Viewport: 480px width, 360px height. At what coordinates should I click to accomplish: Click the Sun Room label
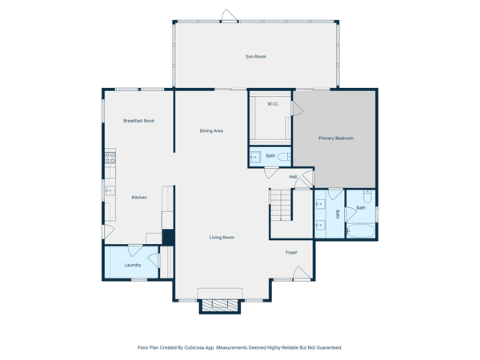click(x=255, y=57)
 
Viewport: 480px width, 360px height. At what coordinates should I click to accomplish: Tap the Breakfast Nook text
click(x=138, y=121)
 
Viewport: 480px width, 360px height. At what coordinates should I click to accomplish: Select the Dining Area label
click(x=211, y=130)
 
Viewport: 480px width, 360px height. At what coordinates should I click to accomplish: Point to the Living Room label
click(x=222, y=238)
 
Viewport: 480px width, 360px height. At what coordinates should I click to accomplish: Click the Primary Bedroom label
click(x=335, y=138)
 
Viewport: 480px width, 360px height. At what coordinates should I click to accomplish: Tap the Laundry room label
click(x=133, y=265)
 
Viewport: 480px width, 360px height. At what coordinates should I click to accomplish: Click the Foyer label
click(x=292, y=253)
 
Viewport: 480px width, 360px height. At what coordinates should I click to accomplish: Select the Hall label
click(x=293, y=177)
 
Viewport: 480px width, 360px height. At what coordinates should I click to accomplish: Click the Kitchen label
click(x=139, y=198)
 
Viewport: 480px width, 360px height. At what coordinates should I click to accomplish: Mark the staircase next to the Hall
click(x=281, y=206)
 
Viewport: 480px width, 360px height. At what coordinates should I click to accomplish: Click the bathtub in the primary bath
click(x=362, y=233)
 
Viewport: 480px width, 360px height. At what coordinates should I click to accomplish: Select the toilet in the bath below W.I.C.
click(x=255, y=158)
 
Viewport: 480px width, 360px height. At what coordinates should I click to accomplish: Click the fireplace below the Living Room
click(x=218, y=305)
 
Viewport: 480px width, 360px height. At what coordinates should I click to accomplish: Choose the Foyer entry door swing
click(x=301, y=273)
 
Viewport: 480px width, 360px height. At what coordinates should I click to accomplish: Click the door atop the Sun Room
click(x=227, y=15)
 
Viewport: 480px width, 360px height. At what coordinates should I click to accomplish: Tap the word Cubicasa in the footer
click(x=195, y=348)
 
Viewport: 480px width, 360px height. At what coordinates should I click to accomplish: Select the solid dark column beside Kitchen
click(x=168, y=238)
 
